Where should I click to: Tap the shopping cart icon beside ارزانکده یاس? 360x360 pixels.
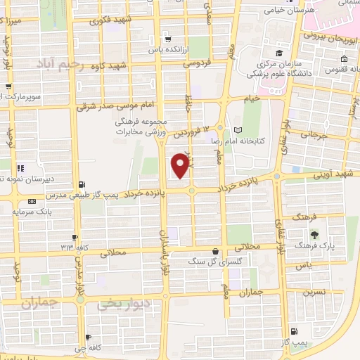coord(167,39)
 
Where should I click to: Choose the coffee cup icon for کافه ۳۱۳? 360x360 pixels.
coord(75,237)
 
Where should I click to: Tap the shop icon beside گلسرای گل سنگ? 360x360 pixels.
coord(215,252)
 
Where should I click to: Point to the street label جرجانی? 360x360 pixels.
coord(313,134)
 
